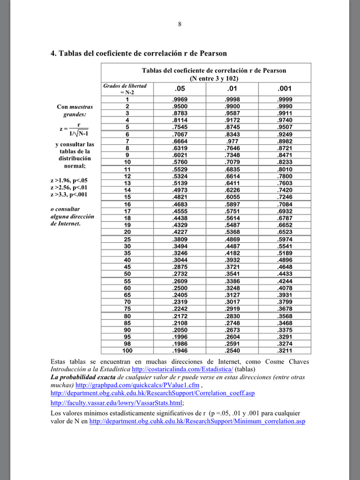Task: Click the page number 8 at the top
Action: [x=180, y=24]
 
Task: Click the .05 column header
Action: [x=179, y=88]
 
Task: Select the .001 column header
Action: [x=285, y=88]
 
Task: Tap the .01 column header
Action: [x=232, y=88]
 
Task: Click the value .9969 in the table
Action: [x=179, y=100]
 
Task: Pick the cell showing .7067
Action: [x=179, y=134]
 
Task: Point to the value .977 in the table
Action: [x=232, y=141]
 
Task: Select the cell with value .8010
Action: [x=285, y=169]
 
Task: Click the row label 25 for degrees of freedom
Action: [x=128, y=239]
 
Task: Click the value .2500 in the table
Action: [x=179, y=288]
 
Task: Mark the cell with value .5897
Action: [x=232, y=204]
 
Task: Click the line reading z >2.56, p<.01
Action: [x=69, y=187]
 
